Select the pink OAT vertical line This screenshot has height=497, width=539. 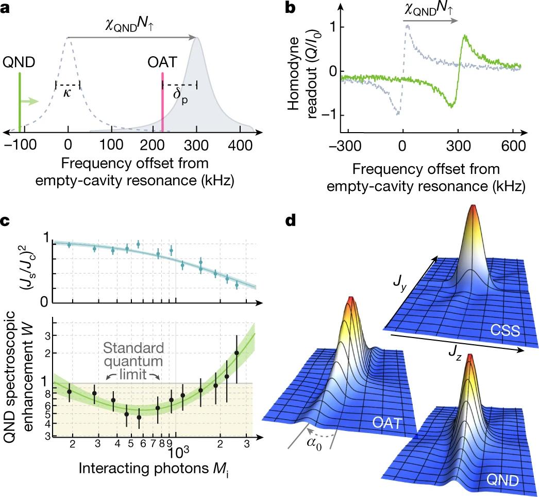(163, 103)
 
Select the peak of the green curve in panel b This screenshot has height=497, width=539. (465, 36)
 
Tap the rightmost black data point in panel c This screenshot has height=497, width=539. (237, 353)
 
